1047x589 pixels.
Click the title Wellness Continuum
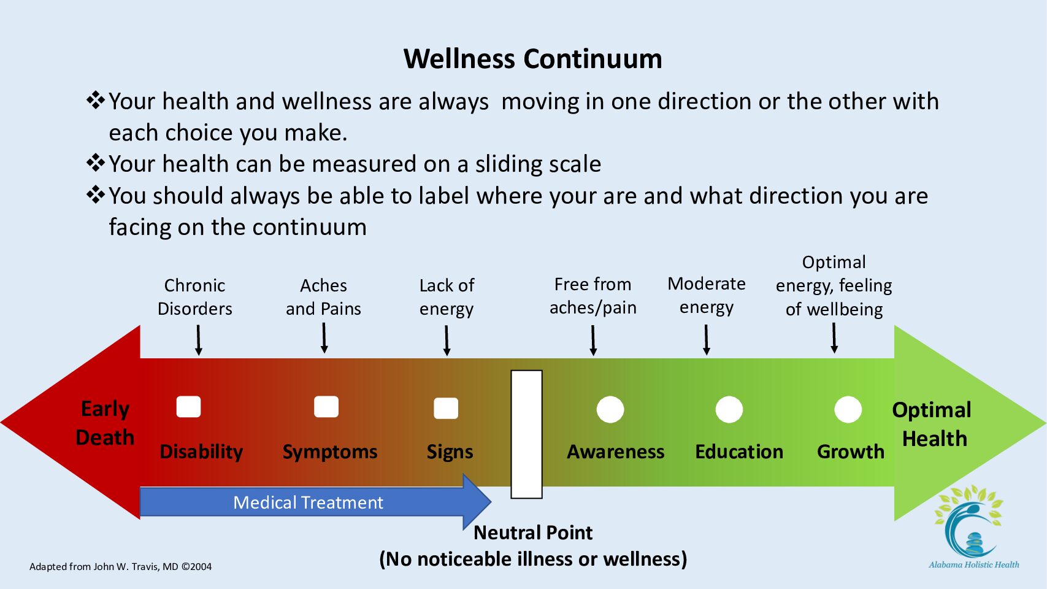click(x=532, y=59)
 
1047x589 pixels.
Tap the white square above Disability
click(x=188, y=407)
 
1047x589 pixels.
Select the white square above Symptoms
click(x=326, y=407)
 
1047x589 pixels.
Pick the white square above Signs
click(x=446, y=408)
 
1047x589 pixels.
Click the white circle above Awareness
click(x=610, y=409)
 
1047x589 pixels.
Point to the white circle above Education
click(x=729, y=409)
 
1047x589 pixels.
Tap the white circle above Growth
click(x=848, y=409)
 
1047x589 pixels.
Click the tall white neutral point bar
click(x=526, y=434)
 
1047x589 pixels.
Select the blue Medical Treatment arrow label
click(x=308, y=502)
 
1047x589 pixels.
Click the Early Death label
click(x=105, y=423)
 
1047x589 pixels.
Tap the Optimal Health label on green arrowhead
click(x=932, y=424)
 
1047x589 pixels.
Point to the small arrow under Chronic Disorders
click(x=199, y=341)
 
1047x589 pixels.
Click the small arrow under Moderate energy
click(x=706, y=340)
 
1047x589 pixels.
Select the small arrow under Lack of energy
click(x=447, y=341)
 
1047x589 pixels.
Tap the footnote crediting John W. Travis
click(x=121, y=566)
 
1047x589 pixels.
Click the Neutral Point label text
click(x=533, y=533)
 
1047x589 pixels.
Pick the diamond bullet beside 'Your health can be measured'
click(x=95, y=163)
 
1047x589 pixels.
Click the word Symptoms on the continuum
click(x=330, y=452)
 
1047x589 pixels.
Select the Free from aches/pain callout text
click(x=593, y=296)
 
